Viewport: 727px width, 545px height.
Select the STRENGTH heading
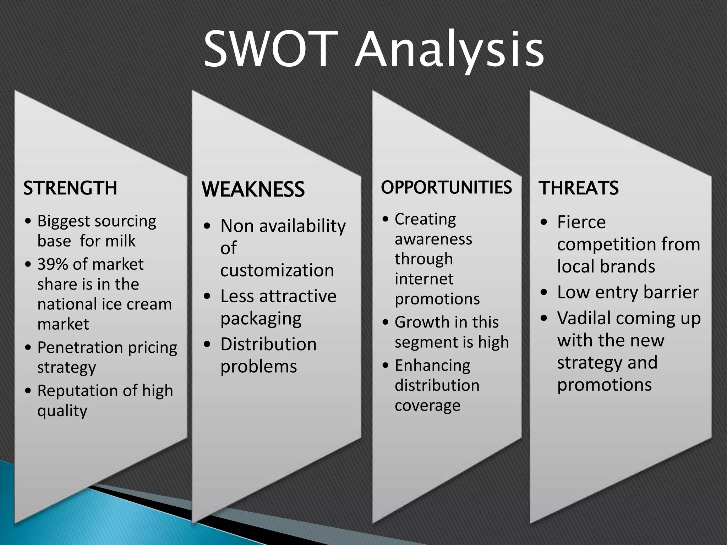pyautogui.click(x=70, y=188)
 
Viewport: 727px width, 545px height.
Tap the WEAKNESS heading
pyautogui.click(x=253, y=189)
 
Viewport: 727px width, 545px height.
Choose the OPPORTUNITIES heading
pyautogui.click(x=446, y=187)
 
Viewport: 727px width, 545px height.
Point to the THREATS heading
pyautogui.click(x=579, y=188)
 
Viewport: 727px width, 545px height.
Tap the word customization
pyautogui.click(x=277, y=270)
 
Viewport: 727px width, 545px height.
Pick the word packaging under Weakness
pyautogui.click(x=261, y=319)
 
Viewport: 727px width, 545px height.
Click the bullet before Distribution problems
pyautogui.click(x=207, y=345)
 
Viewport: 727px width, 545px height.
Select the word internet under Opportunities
pyautogui.click(x=424, y=279)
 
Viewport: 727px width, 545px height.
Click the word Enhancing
pyautogui.click(x=432, y=365)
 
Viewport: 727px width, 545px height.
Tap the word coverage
pyautogui.click(x=427, y=405)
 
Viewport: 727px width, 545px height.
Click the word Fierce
pyautogui.click(x=581, y=222)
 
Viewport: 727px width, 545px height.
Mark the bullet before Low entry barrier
pyautogui.click(x=544, y=293)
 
